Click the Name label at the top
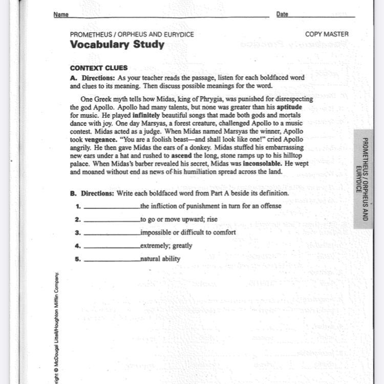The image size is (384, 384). coord(61,14)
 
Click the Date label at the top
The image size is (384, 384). coord(282,14)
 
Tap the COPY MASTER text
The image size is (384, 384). coord(327,34)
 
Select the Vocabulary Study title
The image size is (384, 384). coord(117,44)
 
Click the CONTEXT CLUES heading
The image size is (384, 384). coord(99,68)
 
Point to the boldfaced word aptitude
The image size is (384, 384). coord(289,108)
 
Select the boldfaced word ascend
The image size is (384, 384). coord(182,155)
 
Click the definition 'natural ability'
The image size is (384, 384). coord(160,259)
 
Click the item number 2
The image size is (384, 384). coord(77,220)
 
